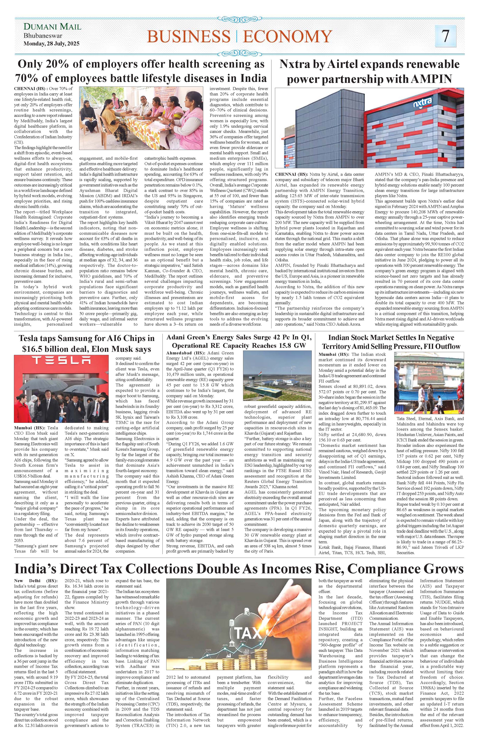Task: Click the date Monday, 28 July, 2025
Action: click(52, 44)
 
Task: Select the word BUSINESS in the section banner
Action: click(188, 36)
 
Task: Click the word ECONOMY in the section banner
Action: click(287, 36)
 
